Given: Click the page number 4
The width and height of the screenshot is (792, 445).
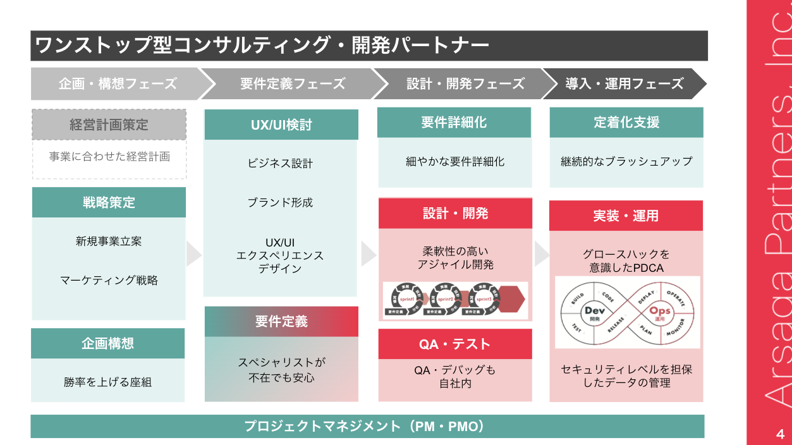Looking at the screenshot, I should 779,434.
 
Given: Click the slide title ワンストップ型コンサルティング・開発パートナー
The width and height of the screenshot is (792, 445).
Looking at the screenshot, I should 262,46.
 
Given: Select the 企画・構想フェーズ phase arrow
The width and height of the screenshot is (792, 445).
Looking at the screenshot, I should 118,83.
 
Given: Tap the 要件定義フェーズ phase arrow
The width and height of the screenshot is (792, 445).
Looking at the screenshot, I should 292,83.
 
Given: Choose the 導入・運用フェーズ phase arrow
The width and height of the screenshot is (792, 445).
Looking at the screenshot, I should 624,83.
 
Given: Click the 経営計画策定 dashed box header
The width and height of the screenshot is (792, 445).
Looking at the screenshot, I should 109,125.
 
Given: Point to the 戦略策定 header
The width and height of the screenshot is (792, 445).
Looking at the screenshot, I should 109,203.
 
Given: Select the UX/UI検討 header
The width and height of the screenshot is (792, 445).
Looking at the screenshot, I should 281,125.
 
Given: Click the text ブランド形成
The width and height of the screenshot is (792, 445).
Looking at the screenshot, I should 280,202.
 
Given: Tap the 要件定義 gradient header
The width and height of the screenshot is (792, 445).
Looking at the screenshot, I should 281,321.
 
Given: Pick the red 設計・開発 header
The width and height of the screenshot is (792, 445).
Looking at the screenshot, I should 455,213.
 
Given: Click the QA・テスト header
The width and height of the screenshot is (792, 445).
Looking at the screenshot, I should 455,344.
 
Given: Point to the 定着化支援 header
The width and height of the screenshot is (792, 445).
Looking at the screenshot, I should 626,122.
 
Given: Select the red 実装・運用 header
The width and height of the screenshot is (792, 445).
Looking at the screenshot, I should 626,216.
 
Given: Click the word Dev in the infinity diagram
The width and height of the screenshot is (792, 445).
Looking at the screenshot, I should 595,310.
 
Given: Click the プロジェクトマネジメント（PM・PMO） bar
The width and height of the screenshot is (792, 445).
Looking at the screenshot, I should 367,426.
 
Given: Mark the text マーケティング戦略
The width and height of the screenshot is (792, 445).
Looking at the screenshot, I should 109,280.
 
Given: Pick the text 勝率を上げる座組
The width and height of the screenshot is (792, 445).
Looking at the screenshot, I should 108,382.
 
